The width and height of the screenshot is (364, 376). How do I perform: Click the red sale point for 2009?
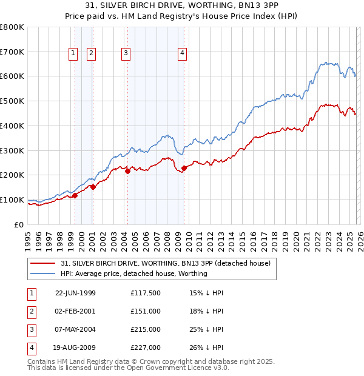point(184,168)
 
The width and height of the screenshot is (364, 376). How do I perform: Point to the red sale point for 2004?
point(127,171)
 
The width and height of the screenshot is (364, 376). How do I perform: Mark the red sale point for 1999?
point(75,195)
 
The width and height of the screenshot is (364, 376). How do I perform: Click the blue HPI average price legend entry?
point(134,274)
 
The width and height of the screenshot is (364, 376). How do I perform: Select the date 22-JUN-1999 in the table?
point(75,293)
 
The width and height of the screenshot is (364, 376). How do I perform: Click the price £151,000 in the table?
point(145,311)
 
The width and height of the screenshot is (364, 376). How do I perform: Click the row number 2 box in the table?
point(31,311)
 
